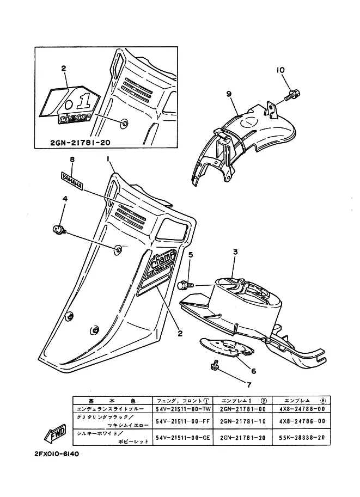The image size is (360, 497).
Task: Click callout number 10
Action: click(280, 70)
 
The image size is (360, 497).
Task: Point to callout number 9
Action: click(229, 94)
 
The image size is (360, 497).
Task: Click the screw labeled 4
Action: click(58, 230)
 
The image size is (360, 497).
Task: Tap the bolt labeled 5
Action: click(185, 285)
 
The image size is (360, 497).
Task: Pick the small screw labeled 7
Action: click(215, 367)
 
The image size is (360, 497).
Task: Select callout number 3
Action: click(235, 252)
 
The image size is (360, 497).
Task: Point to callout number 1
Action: click(108, 159)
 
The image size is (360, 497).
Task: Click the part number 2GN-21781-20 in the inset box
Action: click(79, 143)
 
